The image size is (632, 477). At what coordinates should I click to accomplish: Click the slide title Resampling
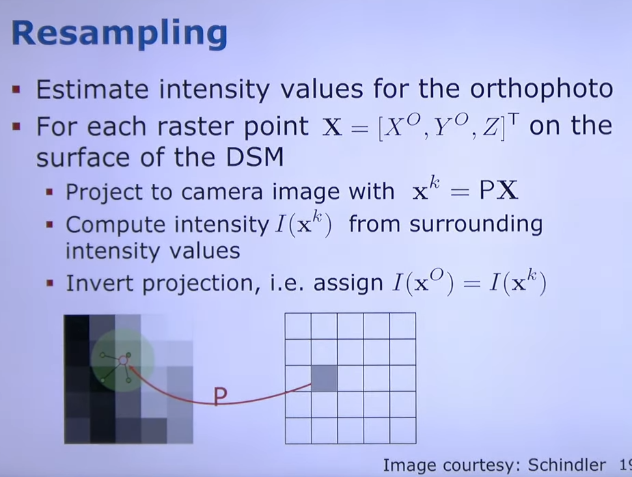pyautogui.click(x=120, y=34)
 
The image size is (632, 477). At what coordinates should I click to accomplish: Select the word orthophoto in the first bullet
pyautogui.click(x=541, y=89)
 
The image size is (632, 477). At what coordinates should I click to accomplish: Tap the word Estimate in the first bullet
pyautogui.click(x=92, y=89)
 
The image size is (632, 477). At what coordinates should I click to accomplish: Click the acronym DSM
pyautogui.click(x=255, y=157)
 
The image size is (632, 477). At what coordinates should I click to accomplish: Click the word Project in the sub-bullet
pyautogui.click(x=104, y=193)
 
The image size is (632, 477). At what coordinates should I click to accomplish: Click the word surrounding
pyautogui.click(x=476, y=225)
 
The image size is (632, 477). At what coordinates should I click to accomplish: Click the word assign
pyautogui.click(x=348, y=284)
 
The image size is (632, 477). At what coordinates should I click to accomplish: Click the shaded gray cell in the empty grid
pyautogui.click(x=324, y=378)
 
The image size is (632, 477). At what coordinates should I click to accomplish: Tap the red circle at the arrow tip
pyautogui.click(x=124, y=359)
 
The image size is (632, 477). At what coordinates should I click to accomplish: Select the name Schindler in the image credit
pyautogui.click(x=566, y=465)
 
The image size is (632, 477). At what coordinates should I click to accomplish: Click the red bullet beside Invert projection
pyautogui.click(x=50, y=283)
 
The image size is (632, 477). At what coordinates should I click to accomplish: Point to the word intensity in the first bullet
pyautogui.click(x=214, y=90)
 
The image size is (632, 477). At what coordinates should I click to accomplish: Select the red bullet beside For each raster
pyautogui.click(x=16, y=127)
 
